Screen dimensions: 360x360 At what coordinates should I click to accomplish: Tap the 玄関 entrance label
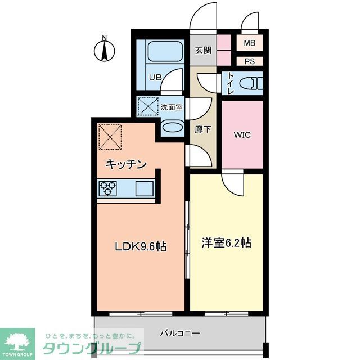[x=203, y=50]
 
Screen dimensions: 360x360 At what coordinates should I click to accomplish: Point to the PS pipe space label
[x=249, y=61]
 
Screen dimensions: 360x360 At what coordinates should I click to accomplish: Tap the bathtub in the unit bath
[x=159, y=53]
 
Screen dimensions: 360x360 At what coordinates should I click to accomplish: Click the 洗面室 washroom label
[x=172, y=107]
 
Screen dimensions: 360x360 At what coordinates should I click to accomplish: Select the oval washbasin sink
[x=172, y=128]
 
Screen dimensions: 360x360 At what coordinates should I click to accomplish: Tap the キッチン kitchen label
[x=127, y=164]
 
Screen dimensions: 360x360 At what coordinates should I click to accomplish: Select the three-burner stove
[x=107, y=188]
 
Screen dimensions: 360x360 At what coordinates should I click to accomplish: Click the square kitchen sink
[x=144, y=188]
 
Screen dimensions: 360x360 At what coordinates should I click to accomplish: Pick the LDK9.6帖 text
[x=141, y=246]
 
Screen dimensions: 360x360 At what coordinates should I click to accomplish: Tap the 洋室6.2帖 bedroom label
[x=226, y=243]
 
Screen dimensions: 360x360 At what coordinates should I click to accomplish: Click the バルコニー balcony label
[x=180, y=333]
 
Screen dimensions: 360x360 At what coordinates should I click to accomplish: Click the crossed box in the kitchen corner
[x=110, y=136]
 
